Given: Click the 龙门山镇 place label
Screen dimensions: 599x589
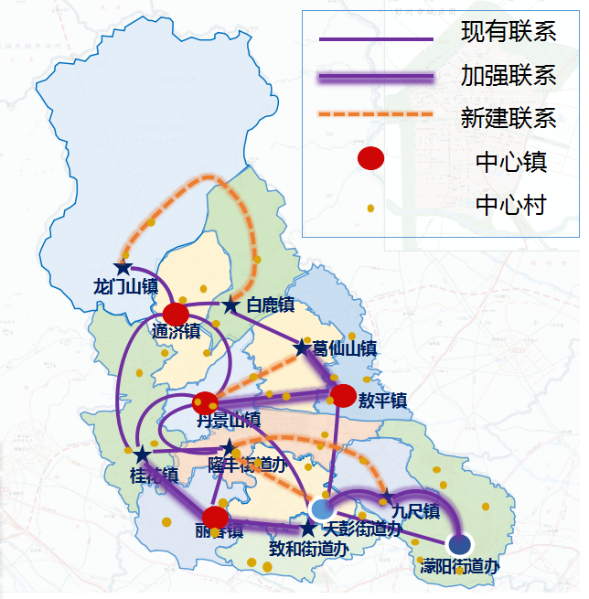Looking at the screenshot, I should point(126,286).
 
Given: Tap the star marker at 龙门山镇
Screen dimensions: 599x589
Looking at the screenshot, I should point(123,268).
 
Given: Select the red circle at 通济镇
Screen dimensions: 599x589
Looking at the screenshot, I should point(176,314).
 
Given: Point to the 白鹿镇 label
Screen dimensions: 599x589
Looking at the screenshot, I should point(270,305).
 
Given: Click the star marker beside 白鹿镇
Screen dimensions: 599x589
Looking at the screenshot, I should point(231,305).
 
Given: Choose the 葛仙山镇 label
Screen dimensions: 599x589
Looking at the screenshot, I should point(345,348).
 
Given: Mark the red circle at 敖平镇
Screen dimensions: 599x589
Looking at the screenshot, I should point(343,396).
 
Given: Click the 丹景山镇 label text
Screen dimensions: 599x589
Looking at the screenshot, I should point(229,420).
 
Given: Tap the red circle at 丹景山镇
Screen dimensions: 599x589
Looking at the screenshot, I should point(206,402).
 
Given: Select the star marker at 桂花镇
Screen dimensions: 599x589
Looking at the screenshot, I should point(142,455).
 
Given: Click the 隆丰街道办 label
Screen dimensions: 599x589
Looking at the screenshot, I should point(247,465).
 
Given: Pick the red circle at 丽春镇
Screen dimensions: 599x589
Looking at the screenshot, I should point(215,518).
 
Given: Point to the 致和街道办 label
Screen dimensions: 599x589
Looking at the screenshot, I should point(309,549).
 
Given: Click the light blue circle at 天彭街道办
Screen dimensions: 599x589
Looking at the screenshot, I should point(322,508).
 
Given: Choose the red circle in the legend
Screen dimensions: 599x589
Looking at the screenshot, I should point(370,158).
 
